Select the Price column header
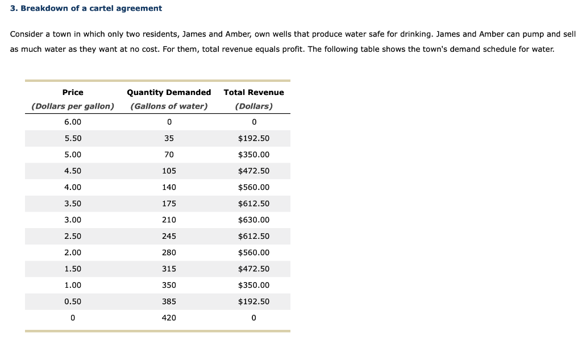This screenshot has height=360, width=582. click(x=73, y=92)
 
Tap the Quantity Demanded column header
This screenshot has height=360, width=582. click(x=169, y=92)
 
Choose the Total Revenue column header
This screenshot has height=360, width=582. click(x=253, y=92)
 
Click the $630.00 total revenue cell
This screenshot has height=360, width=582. click(x=253, y=220)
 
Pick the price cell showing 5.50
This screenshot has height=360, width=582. click(x=73, y=139)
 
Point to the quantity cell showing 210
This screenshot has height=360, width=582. click(x=169, y=220)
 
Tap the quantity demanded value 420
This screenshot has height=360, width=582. click(x=169, y=318)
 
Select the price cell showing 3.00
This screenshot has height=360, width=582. click(x=73, y=220)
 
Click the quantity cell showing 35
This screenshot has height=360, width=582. click(x=169, y=139)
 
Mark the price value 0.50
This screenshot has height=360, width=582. click(x=73, y=301)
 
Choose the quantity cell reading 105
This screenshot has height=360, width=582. click(x=169, y=171)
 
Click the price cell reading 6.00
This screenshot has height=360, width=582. click(x=73, y=122)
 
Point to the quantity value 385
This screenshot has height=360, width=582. click(x=169, y=301)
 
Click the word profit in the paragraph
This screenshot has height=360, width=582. click(x=292, y=49)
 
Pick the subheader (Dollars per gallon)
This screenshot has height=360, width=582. click(x=73, y=106)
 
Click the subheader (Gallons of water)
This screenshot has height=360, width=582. click(x=169, y=106)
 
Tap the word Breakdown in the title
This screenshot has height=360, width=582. click(x=43, y=9)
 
